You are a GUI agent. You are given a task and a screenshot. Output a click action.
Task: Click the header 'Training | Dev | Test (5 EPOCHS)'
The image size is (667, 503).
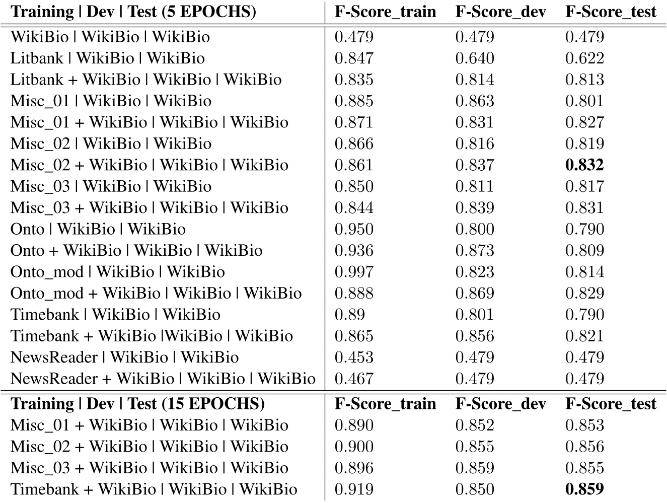(x=133, y=12)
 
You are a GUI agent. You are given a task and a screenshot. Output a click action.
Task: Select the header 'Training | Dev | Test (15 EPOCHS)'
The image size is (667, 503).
(x=137, y=403)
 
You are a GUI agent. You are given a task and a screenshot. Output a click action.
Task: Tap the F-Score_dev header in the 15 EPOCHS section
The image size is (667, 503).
(x=500, y=403)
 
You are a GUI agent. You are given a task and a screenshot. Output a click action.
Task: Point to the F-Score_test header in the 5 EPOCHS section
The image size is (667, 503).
(x=611, y=12)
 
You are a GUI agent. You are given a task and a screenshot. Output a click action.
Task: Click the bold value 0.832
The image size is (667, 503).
(x=584, y=165)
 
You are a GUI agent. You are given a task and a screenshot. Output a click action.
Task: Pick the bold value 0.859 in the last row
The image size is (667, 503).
(x=584, y=489)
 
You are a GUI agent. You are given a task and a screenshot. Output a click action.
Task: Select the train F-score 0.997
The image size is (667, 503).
(x=354, y=272)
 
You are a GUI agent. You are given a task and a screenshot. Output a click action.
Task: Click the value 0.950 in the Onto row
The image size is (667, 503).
(x=354, y=229)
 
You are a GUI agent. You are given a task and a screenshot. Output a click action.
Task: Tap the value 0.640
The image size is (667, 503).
(x=475, y=58)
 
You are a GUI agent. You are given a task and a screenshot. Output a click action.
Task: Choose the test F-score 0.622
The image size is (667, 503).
(x=584, y=58)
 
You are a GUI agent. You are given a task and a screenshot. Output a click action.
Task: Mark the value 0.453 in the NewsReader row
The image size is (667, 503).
(x=354, y=357)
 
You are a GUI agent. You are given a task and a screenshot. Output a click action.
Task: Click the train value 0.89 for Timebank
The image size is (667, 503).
(x=349, y=315)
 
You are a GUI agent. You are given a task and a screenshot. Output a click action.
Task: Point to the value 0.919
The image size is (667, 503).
(x=354, y=489)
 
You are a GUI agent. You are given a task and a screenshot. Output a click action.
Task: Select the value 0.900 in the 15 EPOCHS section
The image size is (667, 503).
(x=354, y=447)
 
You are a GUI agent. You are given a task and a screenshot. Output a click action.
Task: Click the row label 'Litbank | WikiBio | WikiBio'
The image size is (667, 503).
(x=108, y=58)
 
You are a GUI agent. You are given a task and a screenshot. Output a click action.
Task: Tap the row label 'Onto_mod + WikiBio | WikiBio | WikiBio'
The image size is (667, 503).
(x=156, y=293)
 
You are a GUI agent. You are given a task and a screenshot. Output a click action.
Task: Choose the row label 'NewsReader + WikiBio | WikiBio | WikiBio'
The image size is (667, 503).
(x=163, y=379)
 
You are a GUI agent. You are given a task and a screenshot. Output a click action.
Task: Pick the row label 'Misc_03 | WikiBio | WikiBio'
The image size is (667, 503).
(x=111, y=186)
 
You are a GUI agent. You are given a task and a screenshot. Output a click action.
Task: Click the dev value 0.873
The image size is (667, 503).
(x=475, y=251)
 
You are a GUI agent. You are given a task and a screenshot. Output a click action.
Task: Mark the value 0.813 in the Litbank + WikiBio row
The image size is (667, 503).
(x=584, y=80)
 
